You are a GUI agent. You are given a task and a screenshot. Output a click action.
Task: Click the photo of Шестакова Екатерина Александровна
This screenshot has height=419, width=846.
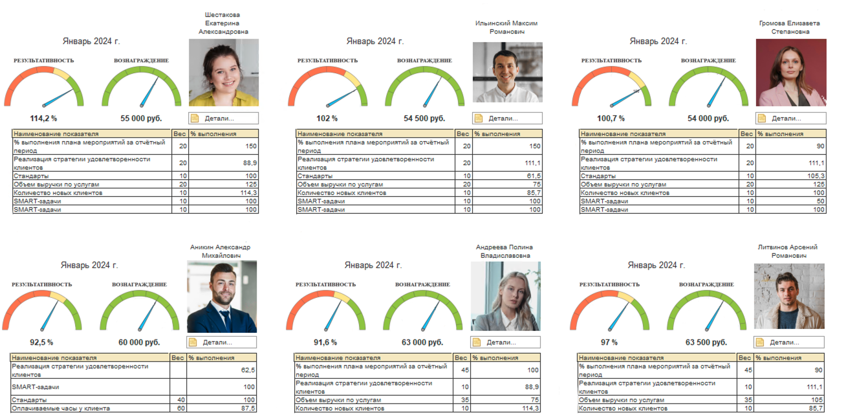(x=224, y=72)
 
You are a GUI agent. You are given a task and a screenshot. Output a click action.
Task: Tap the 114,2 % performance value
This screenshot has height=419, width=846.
(x=44, y=119)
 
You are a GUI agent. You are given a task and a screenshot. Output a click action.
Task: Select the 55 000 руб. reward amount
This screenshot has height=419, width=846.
(x=141, y=119)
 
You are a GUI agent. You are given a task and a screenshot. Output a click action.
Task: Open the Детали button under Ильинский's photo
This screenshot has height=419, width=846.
(x=507, y=119)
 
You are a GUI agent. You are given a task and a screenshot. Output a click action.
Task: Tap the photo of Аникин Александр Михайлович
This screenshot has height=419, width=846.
(x=222, y=297)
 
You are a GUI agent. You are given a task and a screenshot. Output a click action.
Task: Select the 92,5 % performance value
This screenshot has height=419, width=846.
(x=41, y=342)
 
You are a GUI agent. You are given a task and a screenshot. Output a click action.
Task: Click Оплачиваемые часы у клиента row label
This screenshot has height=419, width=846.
(x=61, y=408)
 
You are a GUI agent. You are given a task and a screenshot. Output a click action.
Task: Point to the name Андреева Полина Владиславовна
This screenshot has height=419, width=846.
(x=504, y=251)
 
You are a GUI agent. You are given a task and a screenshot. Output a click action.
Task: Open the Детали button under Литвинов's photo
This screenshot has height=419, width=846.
(x=788, y=342)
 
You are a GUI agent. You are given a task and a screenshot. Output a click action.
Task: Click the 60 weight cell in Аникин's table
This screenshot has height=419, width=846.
(x=178, y=408)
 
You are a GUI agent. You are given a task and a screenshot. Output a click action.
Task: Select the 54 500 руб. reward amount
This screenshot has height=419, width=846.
(x=424, y=119)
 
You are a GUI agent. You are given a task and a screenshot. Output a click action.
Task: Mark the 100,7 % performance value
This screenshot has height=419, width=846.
(x=611, y=119)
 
